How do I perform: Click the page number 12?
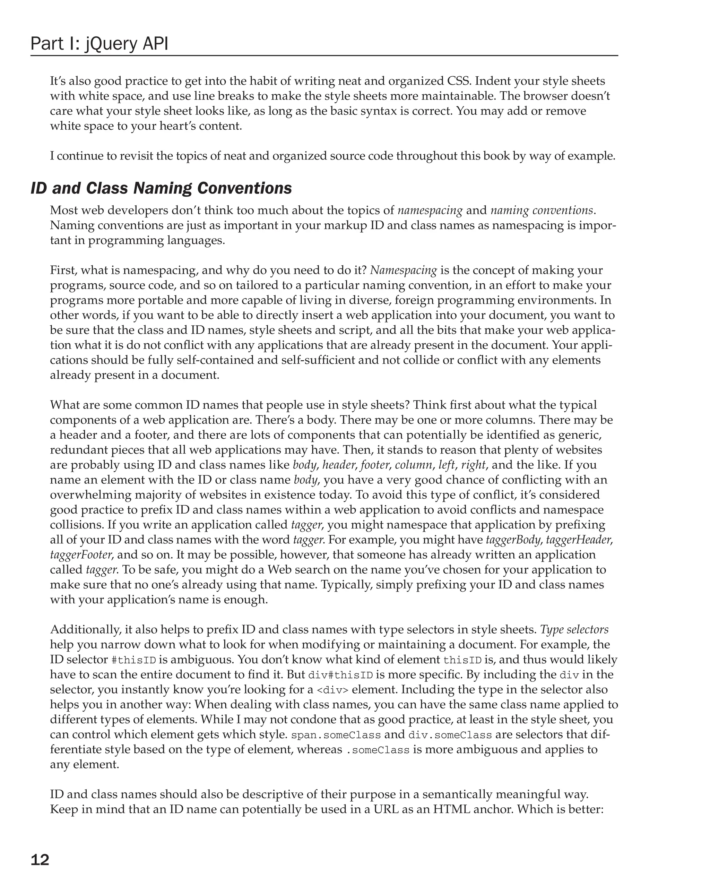pos(40,860)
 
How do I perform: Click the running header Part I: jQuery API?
pos(99,44)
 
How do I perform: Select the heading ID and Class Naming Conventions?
pos(161,188)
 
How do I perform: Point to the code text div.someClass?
pos(450,735)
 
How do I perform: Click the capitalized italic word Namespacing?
pos(403,270)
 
